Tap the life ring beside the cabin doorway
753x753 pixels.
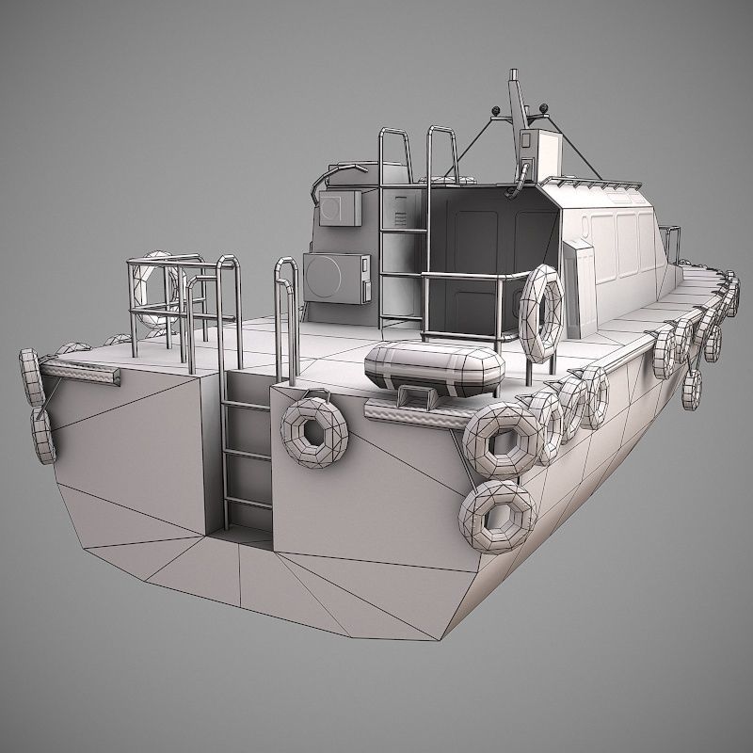(540, 311)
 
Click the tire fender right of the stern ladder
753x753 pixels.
(314, 432)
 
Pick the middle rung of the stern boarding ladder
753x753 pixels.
(248, 454)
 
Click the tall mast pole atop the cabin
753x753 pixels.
(515, 104)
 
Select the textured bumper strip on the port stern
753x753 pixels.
(80, 375)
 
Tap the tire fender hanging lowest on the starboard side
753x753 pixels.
(694, 389)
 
